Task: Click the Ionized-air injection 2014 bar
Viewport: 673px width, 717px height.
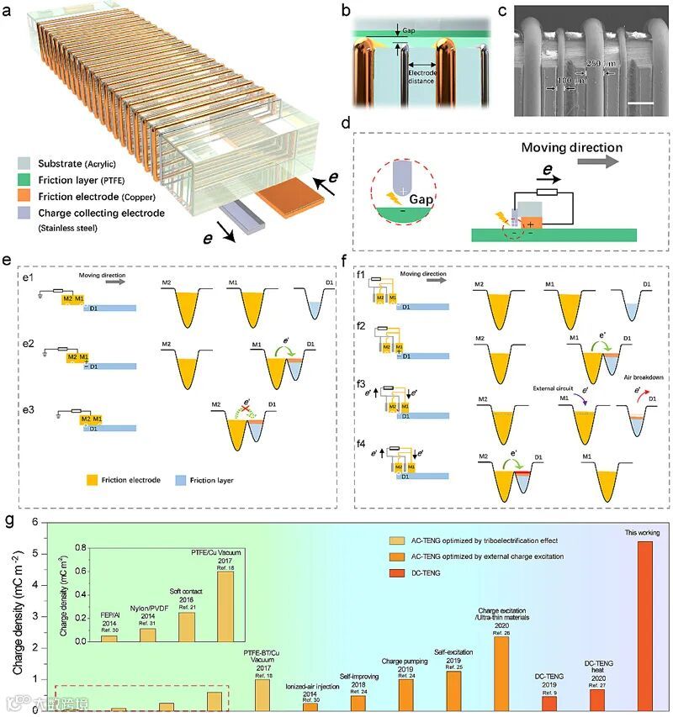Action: (310, 706)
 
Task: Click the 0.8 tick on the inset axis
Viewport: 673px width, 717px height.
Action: (87, 547)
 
